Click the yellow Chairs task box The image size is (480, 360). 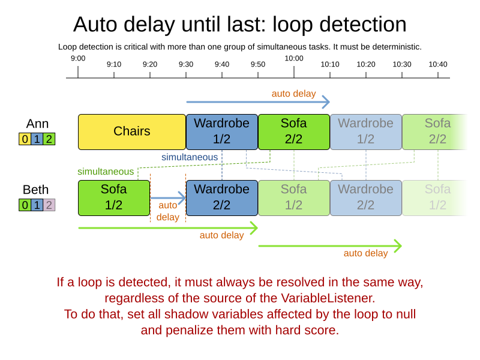pyautogui.click(x=132, y=131)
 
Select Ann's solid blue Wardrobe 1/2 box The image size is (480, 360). pyautogui.click(x=222, y=131)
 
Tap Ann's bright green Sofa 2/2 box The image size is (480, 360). pyautogui.click(x=294, y=131)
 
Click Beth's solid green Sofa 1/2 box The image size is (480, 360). pyautogui.click(x=114, y=197)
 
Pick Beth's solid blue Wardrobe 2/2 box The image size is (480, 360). pyautogui.click(x=222, y=197)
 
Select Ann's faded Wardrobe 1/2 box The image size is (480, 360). pyautogui.click(x=366, y=131)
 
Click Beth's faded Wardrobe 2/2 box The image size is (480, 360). pyautogui.click(x=366, y=197)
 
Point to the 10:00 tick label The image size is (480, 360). pyautogui.click(x=294, y=58)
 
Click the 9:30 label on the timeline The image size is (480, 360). pyautogui.click(x=186, y=64)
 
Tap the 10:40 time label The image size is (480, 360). pyautogui.click(x=438, y=64)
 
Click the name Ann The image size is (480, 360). pyautogui.click(x=37, y=124)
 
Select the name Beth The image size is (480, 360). pyautogui.click(x=36, y=190)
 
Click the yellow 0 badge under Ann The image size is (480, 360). pyautogui.click(x=25, y=139)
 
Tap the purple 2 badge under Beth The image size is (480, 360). pyautogui.click(x=49, y=205)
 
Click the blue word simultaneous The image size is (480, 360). pyautogui.click(x=190, y=157)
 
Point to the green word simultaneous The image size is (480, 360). pyautogui.click(x=106, y=172)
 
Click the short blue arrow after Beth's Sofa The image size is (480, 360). pyautogui.click(x=168, y=197)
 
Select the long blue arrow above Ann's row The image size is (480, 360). pyautogui.click(x=258, y=102)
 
